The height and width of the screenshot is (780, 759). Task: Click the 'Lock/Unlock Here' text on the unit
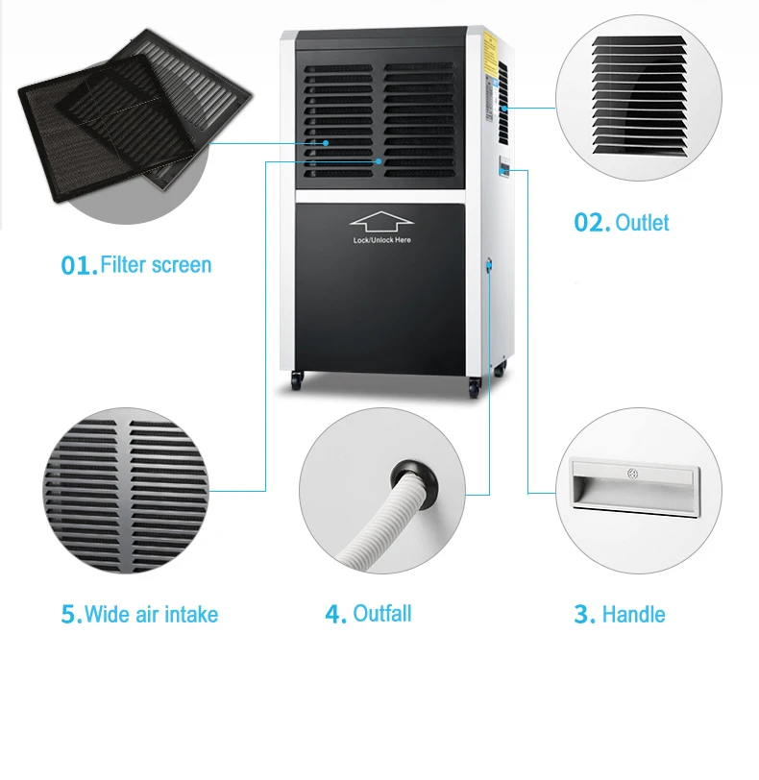click(380, 239)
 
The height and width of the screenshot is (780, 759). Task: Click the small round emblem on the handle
click(632, 473)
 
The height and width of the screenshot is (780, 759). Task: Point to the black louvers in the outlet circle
click(640, 96)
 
